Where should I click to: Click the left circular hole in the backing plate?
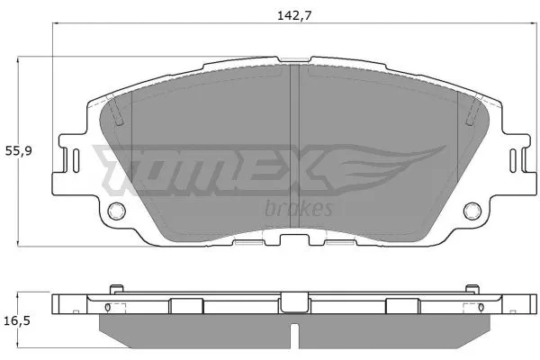[116, 211]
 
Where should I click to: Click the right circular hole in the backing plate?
[472, 211]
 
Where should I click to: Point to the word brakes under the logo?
[299, 209]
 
